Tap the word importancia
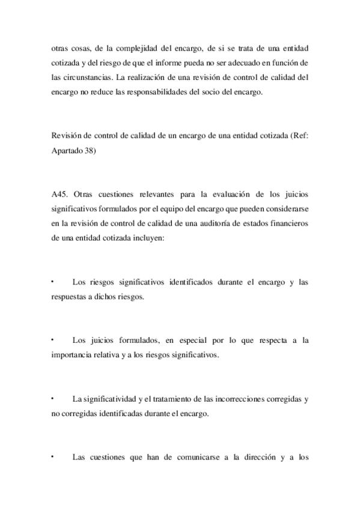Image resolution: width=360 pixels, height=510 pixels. point(73,354)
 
